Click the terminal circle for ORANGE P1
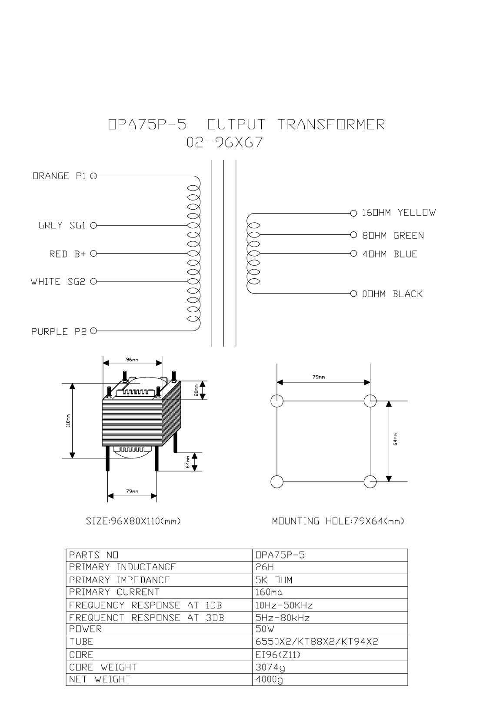[x=93, y=176]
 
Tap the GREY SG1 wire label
[x=62, y=225]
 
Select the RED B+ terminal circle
[x=93, y=254]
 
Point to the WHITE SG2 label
[x=58, y=281]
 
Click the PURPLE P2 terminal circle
[x=93, y=331]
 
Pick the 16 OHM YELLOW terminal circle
[x=353, y=213]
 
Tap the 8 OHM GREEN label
[x=393, y=236]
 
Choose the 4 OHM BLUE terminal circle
[x=353, y=254]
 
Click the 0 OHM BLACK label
[x=392, y=294]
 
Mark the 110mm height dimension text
[x=68, y=421]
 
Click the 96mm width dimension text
[x=132, y=360]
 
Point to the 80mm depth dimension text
[x=196, y=391]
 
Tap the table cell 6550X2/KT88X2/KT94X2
[x=316, y=641]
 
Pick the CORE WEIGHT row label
[x=103, y=667]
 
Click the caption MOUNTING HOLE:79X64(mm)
[x=338, y=521]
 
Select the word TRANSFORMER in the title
[x=331, y=124]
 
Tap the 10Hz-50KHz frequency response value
[x=284, y=605]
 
